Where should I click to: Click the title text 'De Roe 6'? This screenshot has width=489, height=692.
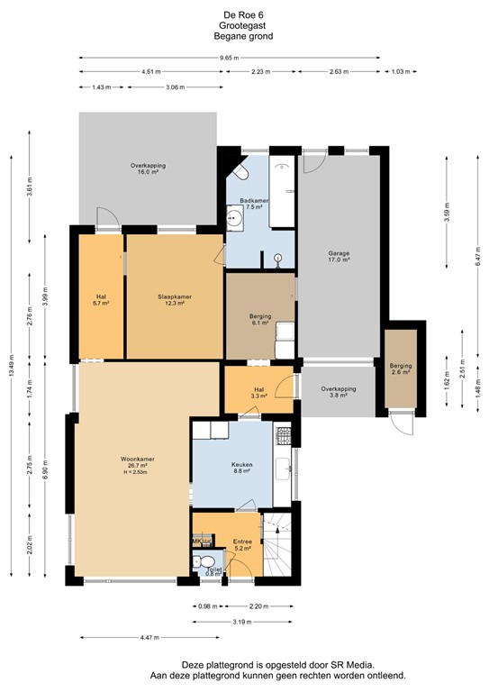243,15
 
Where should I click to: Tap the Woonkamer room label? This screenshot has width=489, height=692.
139,463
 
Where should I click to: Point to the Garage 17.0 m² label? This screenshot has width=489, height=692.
338,257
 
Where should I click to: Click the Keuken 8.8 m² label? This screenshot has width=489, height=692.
241,469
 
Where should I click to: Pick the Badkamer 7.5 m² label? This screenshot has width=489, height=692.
253,204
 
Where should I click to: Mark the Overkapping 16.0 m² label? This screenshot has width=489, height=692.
148,169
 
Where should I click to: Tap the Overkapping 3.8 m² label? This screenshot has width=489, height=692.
339,392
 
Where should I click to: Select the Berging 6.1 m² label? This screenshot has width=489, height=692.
261,320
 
